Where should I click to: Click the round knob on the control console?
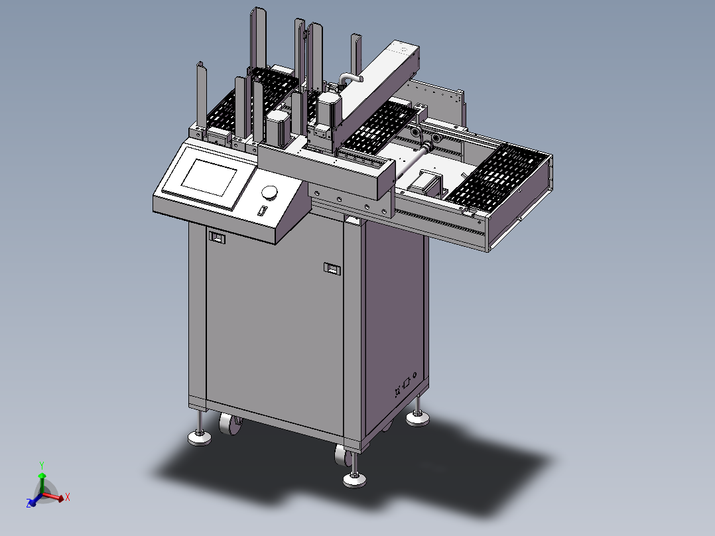pos(270,192)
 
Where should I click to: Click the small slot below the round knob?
pos(262,212)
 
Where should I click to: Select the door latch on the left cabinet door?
pos(217,236)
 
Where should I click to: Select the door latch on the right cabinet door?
pos(331,268)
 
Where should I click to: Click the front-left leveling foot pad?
pos(199,438)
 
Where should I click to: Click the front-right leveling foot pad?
pos(355,480)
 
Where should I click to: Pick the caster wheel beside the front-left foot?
pos(229,425)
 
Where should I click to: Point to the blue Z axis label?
pos(30,504)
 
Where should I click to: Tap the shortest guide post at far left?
pos(199,93)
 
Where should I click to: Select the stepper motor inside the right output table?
pos(428,180)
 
